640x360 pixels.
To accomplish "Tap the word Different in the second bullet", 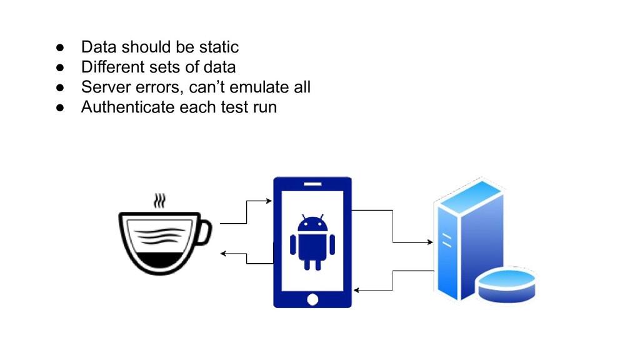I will [x=108, y=67].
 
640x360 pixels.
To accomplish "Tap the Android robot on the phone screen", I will [x=312, y=242].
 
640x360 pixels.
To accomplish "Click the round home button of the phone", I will [x=312, y=299].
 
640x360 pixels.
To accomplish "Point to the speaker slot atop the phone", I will [x=312, y=184].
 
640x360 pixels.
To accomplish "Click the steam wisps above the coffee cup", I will [x=161, y=201].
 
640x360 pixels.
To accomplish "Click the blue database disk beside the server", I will [x=506, y=283].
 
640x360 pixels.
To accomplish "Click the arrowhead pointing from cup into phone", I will [x=269, y=201].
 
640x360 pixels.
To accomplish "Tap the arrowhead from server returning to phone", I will [x=356, y=291].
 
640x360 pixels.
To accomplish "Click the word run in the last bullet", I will [x=263, y=107].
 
